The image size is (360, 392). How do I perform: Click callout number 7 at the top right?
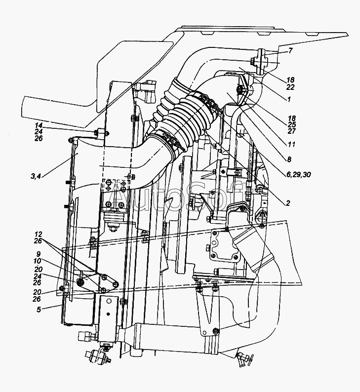(x=290, y=51)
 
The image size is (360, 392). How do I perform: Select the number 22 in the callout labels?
(x=290, y=87)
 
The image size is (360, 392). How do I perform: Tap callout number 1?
(x=289, y=99)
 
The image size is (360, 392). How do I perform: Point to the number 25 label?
(x=292, y=124)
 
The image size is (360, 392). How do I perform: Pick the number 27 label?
(x=292, y=131)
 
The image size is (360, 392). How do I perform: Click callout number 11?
(x=291, y=144)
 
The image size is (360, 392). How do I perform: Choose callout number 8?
(x=289, y=159)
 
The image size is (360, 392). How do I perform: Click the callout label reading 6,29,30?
(x=299, y=174)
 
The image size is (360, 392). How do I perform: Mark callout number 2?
(x=288, y=203)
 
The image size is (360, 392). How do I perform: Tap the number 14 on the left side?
(x=39, y=125)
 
